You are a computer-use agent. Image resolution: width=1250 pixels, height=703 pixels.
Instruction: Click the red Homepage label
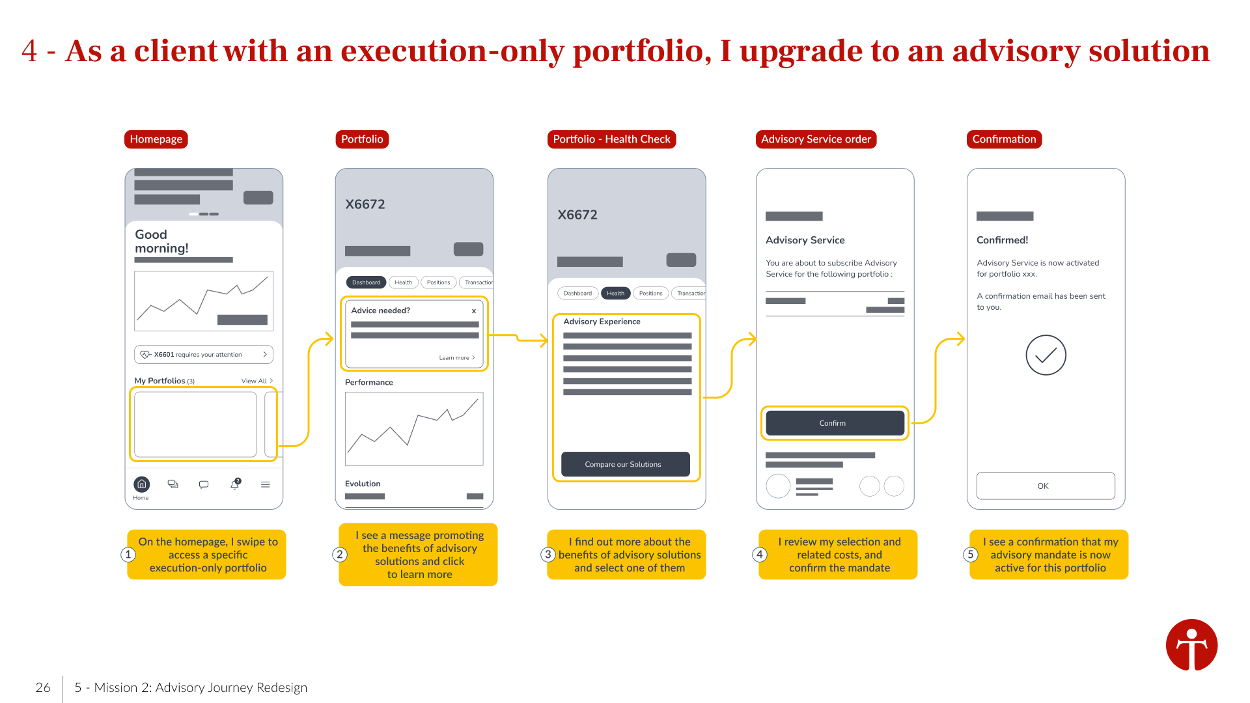156,139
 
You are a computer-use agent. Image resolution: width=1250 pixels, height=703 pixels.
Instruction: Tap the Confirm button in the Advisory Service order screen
835,423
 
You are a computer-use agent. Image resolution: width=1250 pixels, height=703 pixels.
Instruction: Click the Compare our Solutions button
625,464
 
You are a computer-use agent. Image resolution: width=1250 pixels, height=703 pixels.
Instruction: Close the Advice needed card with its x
474,311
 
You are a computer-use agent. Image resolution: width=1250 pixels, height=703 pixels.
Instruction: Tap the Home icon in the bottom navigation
141,484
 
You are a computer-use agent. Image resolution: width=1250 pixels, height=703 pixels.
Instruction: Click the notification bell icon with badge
235,484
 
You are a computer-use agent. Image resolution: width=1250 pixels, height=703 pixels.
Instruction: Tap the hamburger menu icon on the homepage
266,484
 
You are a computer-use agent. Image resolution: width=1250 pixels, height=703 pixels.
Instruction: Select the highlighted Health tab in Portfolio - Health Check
615,294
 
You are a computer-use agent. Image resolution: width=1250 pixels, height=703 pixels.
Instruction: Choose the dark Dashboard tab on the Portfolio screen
366,283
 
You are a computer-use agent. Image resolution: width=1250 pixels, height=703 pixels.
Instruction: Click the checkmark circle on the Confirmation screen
1046,355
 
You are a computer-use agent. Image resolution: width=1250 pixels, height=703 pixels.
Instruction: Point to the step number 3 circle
548,555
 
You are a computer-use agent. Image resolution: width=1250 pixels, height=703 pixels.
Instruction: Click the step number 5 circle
971,555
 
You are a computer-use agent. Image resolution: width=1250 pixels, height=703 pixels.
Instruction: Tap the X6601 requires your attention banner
204,355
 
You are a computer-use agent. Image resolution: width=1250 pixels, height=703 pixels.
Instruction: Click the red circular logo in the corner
1191,645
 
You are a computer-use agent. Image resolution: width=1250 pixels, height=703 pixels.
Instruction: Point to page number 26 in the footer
43,687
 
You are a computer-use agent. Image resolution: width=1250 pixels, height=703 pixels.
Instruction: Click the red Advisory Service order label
816,139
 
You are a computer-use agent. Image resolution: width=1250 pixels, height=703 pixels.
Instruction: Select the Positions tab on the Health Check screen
650,294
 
